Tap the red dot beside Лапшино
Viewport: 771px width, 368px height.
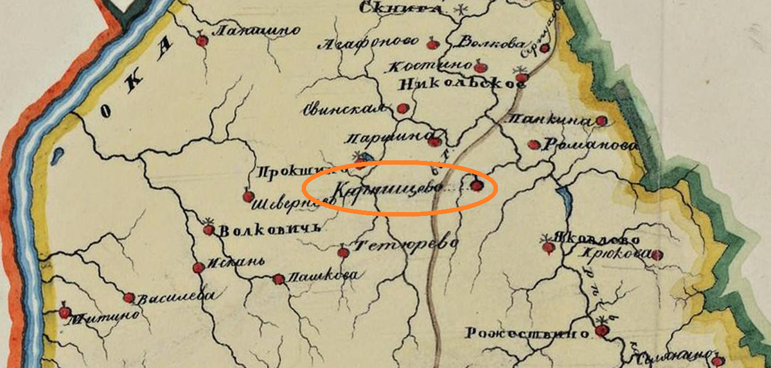point(202,41)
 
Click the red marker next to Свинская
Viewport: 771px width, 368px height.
point(403,109)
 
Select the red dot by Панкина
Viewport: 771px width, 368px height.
point(601,121)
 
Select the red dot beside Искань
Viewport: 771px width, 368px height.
point(199,267)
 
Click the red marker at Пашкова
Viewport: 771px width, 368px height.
point(278,279)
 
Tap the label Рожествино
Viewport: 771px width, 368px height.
point(527,333)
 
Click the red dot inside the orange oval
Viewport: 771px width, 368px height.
point(476,186)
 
